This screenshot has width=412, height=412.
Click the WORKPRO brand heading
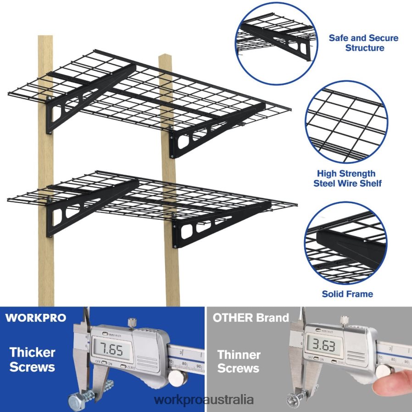coord(35,318)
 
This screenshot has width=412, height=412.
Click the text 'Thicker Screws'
coord(33,360)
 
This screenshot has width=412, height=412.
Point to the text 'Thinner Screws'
coord(239,362)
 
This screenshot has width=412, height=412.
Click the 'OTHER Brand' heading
coord(251,318)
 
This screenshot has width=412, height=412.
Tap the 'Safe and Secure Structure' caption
coord(364,43)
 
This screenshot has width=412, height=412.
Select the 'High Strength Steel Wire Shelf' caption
coord(347,178)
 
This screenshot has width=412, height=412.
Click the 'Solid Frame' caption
coord(347,294)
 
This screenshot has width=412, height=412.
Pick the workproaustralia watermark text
coord(204,400)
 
